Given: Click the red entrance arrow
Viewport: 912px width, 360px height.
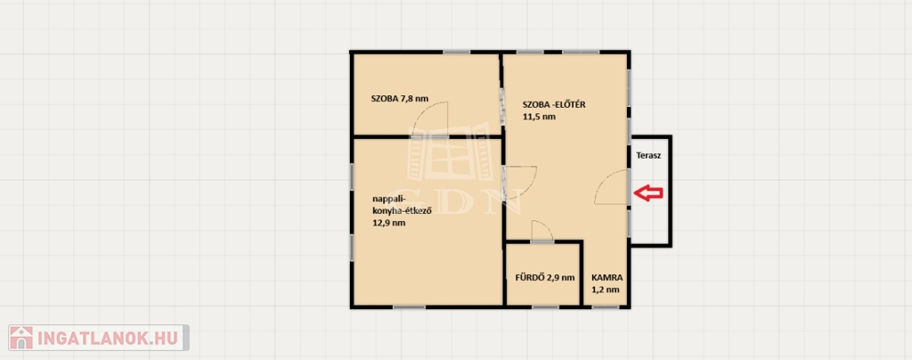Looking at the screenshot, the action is (x=647, y=193).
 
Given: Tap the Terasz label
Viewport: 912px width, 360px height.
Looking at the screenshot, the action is (x=648, y=156).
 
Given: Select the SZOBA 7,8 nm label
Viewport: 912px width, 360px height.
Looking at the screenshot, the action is (x=400, y=98).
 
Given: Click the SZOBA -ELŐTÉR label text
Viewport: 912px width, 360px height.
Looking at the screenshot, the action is (x=554, y=105).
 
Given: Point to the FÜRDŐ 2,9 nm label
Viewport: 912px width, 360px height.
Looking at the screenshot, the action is (x=545, y=277).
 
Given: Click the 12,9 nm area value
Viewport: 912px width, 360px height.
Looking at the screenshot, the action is (x=389, y=222).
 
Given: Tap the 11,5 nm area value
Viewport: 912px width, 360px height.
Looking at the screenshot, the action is (x=539, y=117).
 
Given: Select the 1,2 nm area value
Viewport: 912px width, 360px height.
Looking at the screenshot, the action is (x=606, y=289).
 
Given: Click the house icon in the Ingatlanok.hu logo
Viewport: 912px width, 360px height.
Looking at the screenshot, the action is (x=21, y=338).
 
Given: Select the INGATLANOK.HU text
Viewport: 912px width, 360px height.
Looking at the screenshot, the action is (x=110, y=338).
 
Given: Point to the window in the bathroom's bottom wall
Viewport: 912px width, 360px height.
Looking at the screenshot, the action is (x=545, y=307).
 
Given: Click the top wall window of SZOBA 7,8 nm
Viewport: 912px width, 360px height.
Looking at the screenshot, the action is (x=457, y=53).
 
